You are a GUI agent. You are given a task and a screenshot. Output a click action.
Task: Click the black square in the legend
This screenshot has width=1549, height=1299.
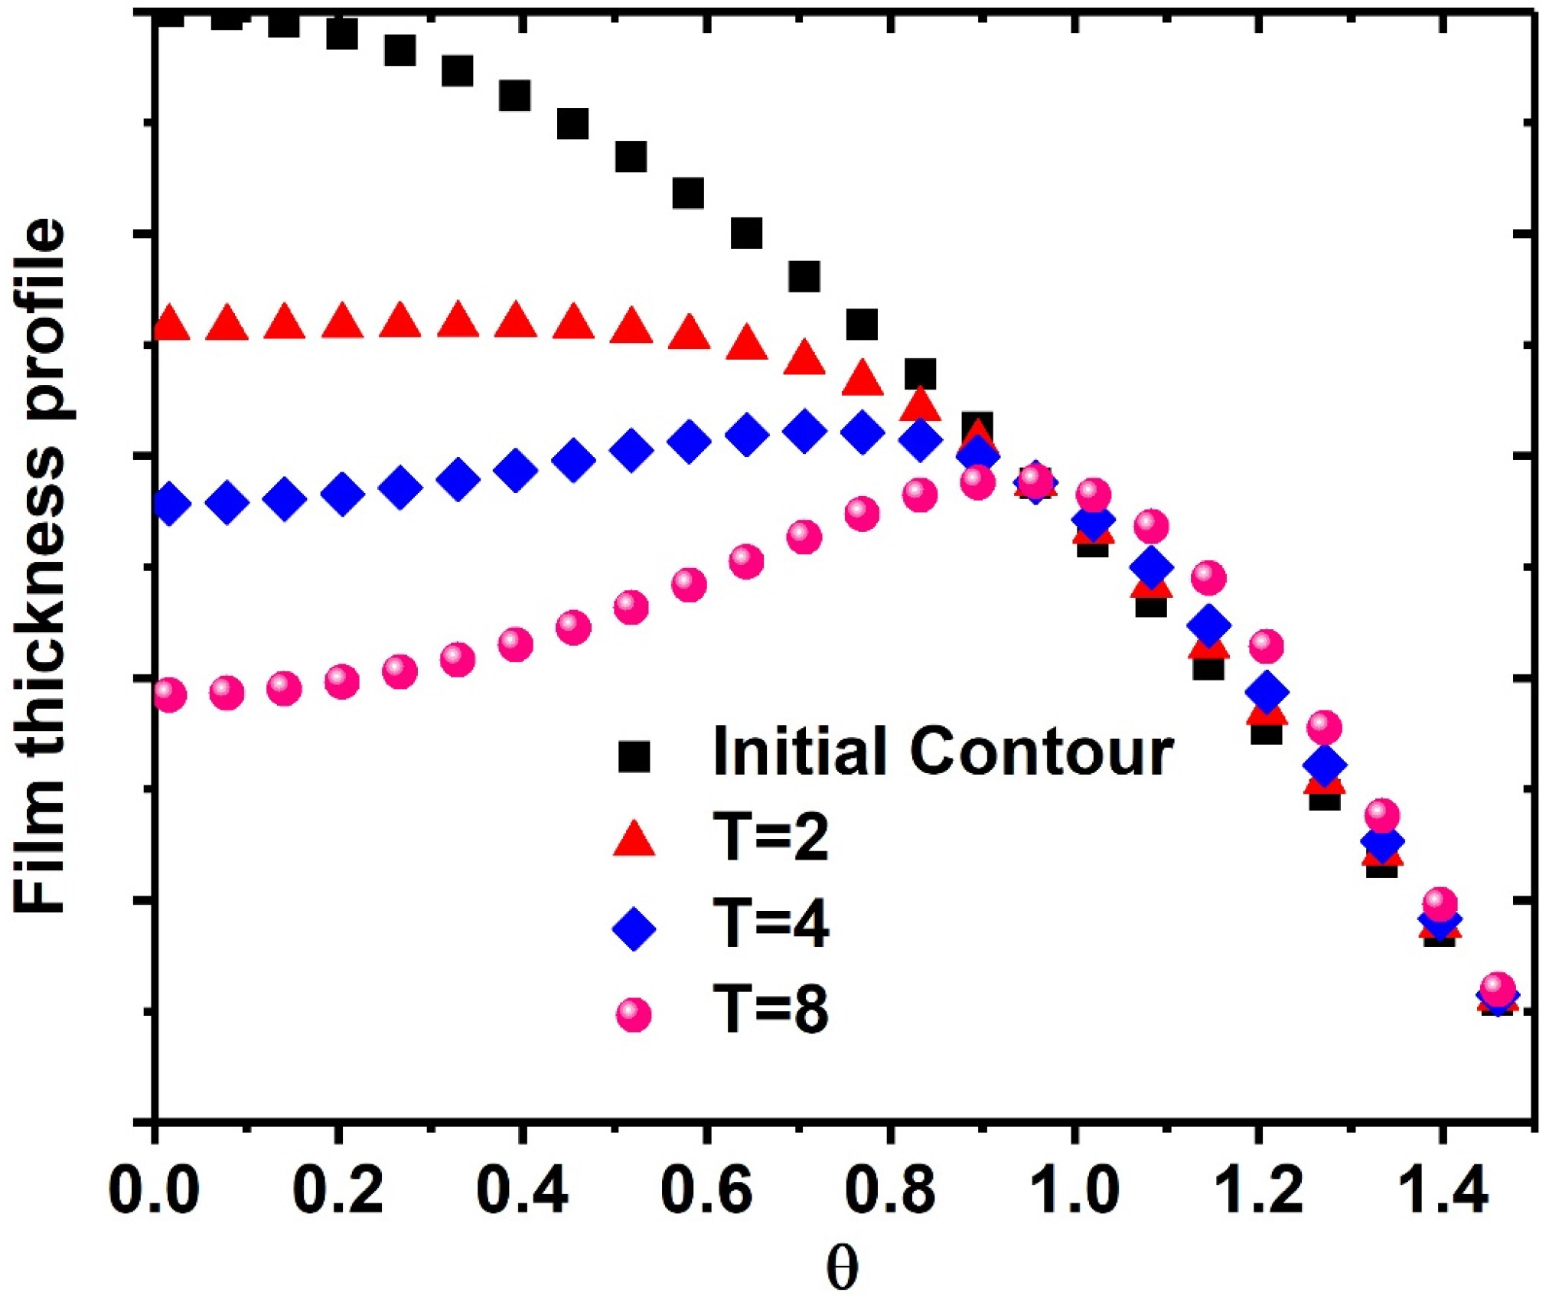[634, 756]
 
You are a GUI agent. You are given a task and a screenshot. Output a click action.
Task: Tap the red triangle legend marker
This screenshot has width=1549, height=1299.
[634, 840]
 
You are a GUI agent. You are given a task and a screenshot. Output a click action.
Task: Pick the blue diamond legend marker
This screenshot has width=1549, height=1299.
[634, 929]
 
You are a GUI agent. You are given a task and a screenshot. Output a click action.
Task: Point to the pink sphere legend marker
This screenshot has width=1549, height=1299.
[634, 1015]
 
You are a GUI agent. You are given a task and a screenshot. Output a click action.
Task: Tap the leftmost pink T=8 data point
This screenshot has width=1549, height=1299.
[169, 695]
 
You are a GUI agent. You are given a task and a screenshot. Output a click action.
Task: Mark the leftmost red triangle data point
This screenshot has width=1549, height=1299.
[171, 324]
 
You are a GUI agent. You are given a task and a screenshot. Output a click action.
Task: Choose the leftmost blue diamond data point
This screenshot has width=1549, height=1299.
[171, 504]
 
